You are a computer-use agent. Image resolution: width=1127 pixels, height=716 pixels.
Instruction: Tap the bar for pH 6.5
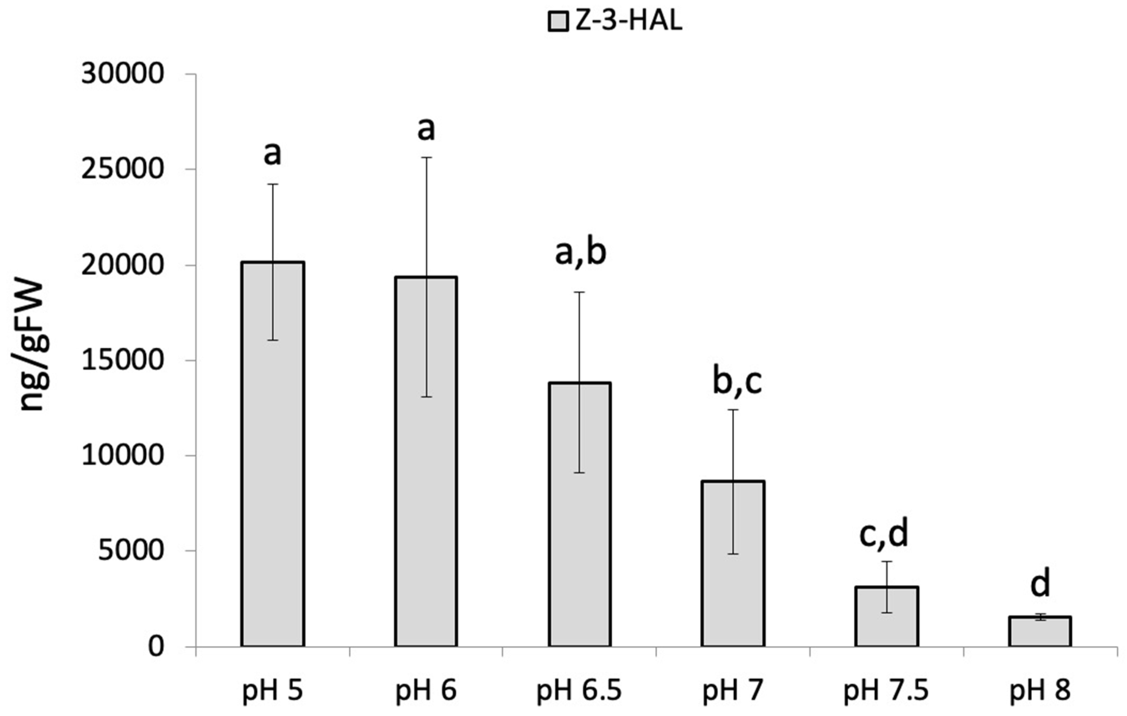pyautogui.click(x=580, y=514)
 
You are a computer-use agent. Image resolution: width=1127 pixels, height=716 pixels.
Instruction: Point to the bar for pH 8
pyautogui.click(x=1040, y=631)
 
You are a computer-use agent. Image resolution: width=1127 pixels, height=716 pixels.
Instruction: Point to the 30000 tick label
pyautogui.click(x=123, y=74)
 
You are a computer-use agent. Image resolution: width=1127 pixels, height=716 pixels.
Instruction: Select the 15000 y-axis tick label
pyautogui.click(x=123, y=361)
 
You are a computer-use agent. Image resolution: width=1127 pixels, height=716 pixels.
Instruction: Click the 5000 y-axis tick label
pyautogui.click(x=131, y=551)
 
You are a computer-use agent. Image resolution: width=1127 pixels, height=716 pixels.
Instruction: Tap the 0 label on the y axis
pyautogui.click(x=157, y=647)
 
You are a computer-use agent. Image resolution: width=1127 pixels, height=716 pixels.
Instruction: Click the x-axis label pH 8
pyautogui.click(x=1040, y=691)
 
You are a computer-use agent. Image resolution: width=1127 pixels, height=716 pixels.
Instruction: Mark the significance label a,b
pyautogui.click(x=580, y=253)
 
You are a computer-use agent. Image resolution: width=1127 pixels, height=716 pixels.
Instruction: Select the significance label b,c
pyautogui.click(x=737, y=381)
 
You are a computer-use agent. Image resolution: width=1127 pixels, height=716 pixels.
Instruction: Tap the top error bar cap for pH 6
pyautogui.click(x=426, y=158)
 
